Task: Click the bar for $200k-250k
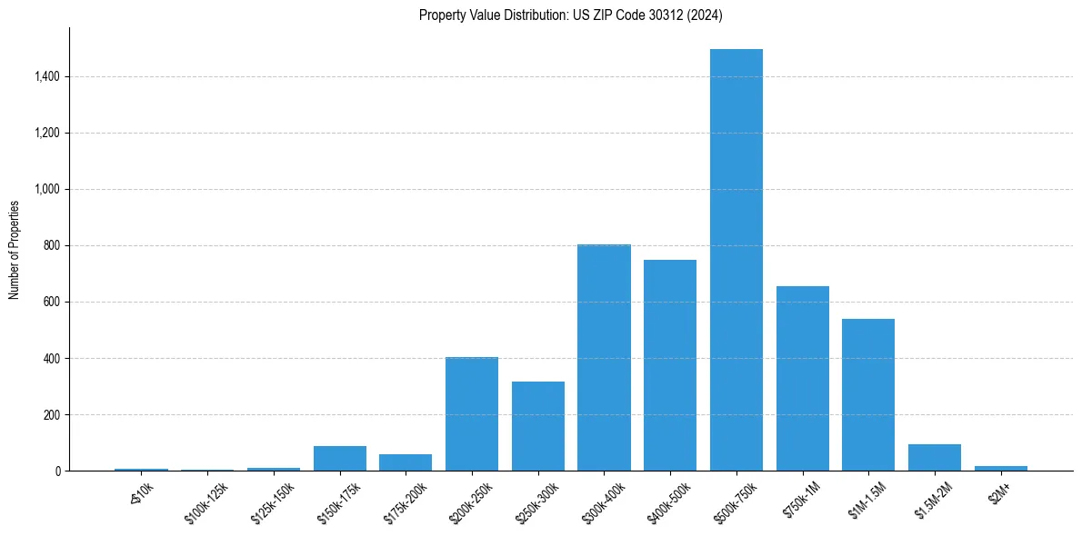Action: coord(471,413)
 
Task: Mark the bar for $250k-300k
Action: coord(537,426)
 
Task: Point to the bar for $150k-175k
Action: coord(339,458)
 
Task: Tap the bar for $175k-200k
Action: coord(406,462)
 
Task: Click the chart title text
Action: coord(571,15)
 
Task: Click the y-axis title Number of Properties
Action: coord(15,249)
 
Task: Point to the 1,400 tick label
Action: coord(46,77)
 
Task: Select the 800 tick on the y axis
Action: coord(51,246)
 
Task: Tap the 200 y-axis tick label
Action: coord(51,415)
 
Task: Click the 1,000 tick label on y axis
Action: coord(46,190)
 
